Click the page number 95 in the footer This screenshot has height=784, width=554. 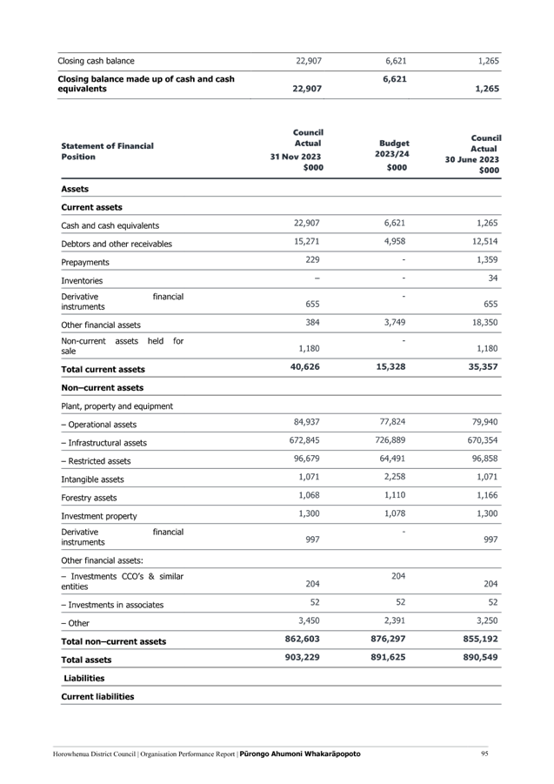click(484, 754)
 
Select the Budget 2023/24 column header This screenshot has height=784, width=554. click(393, 149)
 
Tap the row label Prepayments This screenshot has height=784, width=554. click(85, 262)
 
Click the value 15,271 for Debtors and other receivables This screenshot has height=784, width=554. click(307, 242)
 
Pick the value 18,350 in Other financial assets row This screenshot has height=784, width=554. click(484, 323)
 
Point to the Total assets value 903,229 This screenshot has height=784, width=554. click(303, 657)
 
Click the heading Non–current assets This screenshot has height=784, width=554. click(103, 387)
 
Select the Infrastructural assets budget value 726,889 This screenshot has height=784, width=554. click(392, 440)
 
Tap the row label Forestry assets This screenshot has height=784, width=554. click(89, 498)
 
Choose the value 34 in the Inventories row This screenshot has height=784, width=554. click(493, 278)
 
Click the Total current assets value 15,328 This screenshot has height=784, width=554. click(390, 366)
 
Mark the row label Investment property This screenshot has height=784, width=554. click(99, 516)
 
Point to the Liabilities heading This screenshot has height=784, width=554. click(83, 678)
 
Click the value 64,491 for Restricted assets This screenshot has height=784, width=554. click(392, 459)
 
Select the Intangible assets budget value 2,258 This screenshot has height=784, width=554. click(395, 477)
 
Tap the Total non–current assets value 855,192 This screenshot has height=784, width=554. click(480, 639)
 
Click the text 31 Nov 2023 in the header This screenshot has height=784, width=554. click(295, 157)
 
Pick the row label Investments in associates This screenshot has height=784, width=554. click(112, 605)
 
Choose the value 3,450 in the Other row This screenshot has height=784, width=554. click(309, 620)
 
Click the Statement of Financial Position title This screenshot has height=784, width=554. click(107, 151)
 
